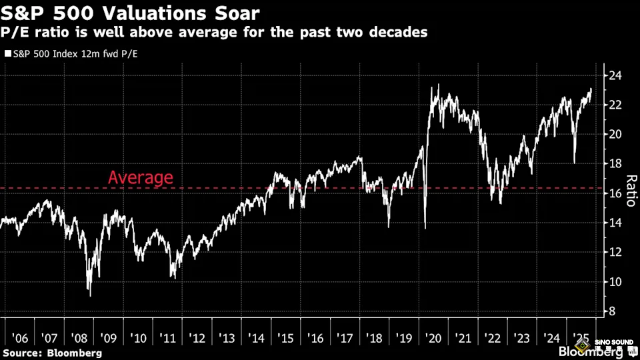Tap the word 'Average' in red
(x=140, y=178)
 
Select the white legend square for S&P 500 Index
(x=7, y=54)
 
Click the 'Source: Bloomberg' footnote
(x=52, y=352)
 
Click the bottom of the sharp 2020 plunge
(x=425, y=229)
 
